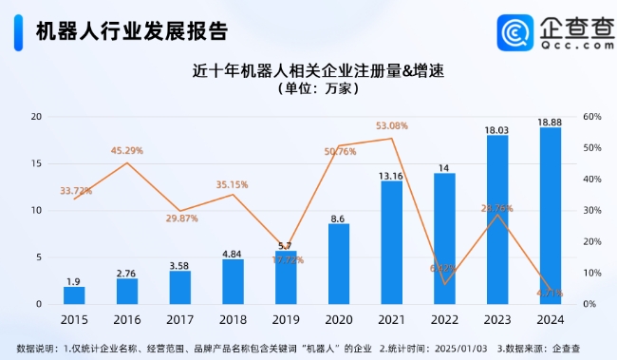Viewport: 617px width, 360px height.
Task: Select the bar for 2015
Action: pyautogui.click(x=74, y=295)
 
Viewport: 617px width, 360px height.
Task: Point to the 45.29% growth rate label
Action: pyautogui.click(x=126, y=150)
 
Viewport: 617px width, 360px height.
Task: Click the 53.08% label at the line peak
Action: pyautogui.click(x=392, y=125)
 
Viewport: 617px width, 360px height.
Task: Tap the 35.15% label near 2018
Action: pyautogui.click(x=233, y=184)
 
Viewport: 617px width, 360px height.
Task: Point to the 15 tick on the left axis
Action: pyautogui.click(x=36, y=163)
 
